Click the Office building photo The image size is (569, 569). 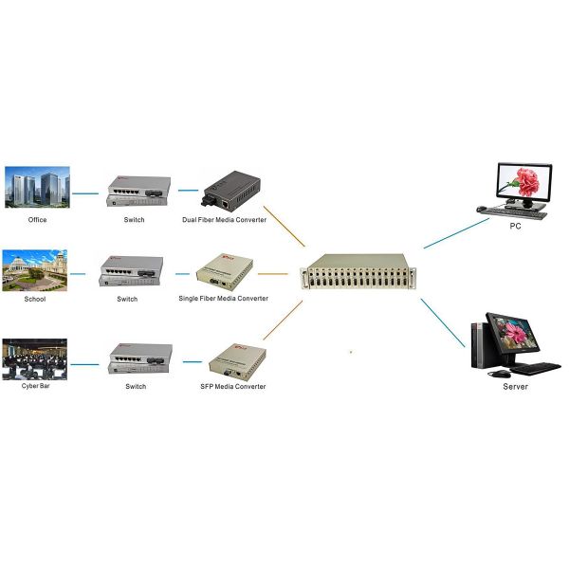(x=37, y=188)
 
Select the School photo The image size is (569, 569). (x=35, y=270)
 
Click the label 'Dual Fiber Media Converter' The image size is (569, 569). (x=225, y=220)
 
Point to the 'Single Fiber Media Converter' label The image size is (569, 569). (x=224, y=299)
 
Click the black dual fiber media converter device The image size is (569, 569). (x=231, y=189)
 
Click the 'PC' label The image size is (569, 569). (x=515, y=228)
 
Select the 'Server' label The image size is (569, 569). (x=515, y=387)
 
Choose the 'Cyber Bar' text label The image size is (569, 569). (x=36, y=387)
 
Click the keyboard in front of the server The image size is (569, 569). (x=537, y=367)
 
